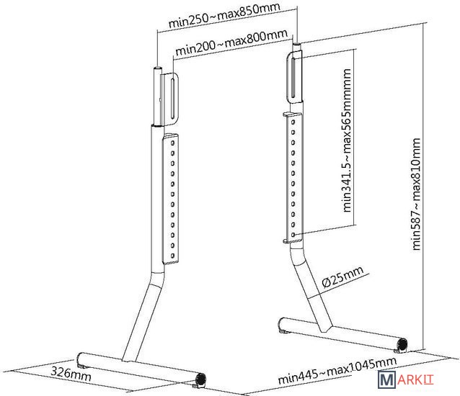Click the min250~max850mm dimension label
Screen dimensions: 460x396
coord(224,15)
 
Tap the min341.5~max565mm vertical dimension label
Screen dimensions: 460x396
coord(347,140)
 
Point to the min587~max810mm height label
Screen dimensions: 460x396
coord(417,194)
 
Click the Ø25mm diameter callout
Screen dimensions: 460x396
coord(342,276)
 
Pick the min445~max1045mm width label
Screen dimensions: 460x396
coord(337,370)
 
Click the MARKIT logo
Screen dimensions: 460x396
coord(405,379)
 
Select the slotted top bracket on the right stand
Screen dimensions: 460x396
coord(294,77)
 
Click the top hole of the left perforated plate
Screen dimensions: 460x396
coord(172,143)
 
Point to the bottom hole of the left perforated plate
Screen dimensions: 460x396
coord(172,256)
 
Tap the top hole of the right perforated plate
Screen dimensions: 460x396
coord(293,122)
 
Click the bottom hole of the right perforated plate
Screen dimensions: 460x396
coord(293,235)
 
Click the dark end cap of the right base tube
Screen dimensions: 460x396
coord(402,344)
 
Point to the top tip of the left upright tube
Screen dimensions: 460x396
coord(157,68)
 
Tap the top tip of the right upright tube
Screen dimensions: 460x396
coord(296,44)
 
